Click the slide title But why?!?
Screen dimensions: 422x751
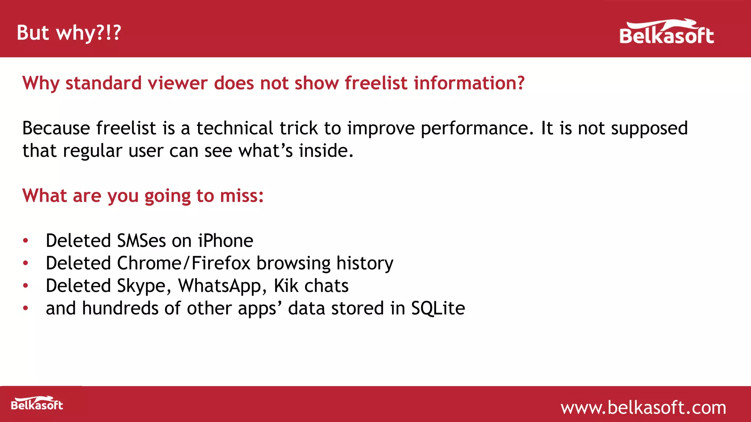click(x=69, y=33)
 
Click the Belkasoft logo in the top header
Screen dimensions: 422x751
click(x=666, y=33)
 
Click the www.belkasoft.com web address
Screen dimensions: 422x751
click(x=643, y=408)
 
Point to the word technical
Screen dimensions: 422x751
click(x=235, y=128)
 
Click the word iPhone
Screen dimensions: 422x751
click(x=226, y=241)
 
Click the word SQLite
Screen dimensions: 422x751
click(x=438, y=308)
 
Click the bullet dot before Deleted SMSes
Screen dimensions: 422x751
click(x=25, y=241)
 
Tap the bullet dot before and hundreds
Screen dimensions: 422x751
click(x=25, y=308)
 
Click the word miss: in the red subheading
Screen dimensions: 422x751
click(x=242, y=196)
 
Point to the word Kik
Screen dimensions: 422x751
click(x=286, y=286)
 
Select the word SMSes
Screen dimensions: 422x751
click(x=141, y=241)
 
